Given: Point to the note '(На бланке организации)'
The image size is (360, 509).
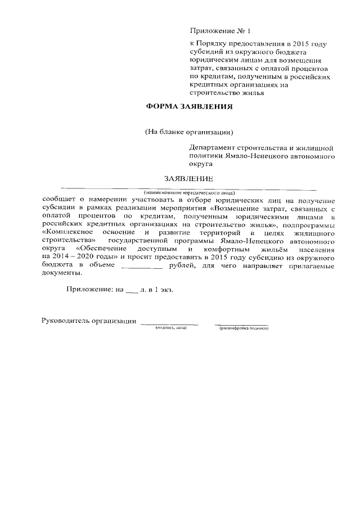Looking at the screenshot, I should tap(188, 132).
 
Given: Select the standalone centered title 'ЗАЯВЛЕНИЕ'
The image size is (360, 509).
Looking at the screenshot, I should tap(188, 179).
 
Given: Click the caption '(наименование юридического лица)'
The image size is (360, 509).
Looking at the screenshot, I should tap(188, 192).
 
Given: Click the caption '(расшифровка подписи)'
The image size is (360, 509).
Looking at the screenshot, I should tap(244, 328).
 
